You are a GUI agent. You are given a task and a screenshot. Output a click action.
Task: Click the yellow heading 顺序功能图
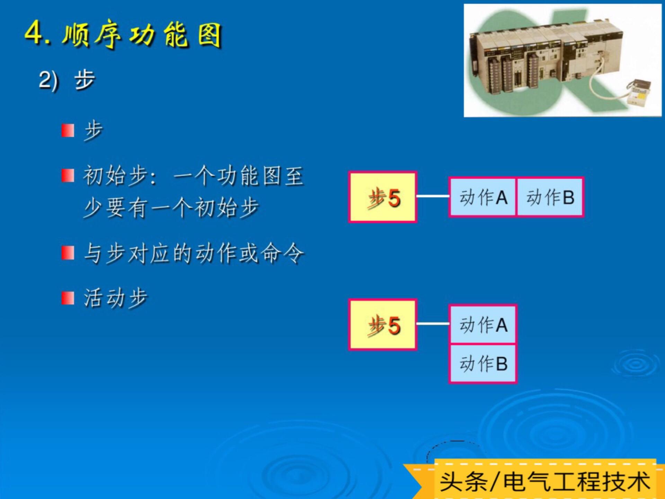click(x=142, y=35)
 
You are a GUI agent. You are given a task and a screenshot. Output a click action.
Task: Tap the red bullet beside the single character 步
click(x=68, y=131)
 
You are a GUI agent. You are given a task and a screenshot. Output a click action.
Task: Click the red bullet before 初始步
click(x=68, y=175)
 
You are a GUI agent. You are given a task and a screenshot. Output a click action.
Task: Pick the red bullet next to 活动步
click(x=68, y=298)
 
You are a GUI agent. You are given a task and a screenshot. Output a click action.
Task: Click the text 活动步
click(x=116, y=298)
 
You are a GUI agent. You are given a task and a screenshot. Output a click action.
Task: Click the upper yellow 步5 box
click(x=382, y=197)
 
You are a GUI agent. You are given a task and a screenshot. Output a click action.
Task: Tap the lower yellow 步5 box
click(x=382, y=325)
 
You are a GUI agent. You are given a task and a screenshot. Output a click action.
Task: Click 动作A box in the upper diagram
click(x=482, y=197)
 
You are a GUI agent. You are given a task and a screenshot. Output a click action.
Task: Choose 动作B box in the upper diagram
click(x=550, y=197)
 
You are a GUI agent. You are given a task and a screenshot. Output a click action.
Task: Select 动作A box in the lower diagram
click(x=483, y=324)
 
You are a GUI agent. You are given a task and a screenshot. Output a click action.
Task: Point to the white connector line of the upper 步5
click(x=433, y=196)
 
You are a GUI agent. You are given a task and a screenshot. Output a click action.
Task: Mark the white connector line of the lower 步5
click(x=433, y=324)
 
